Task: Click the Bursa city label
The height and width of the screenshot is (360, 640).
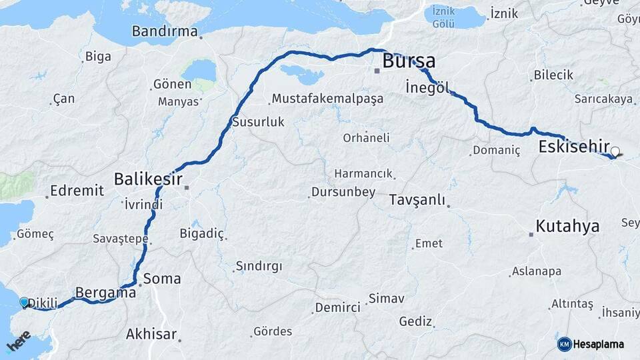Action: (x=409, y=61)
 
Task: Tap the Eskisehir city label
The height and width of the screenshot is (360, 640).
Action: (x=575, y=147)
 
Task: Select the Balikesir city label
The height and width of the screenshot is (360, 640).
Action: (x=148, y=179)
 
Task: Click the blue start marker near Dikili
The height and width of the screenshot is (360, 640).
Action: (x=25, y=302)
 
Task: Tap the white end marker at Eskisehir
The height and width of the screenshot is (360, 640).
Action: (x=615, y=151)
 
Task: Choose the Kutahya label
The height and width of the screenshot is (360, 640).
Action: (x=567, y=225)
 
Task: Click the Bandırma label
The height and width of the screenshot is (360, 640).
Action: (x=165, y=31)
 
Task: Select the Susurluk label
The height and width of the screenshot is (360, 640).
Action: (x=258, y=122)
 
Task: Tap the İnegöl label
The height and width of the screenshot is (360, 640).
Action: (x=427, y=87)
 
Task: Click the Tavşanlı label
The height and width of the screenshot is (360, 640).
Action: (x=417, y=200)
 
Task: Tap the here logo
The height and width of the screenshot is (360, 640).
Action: (x=19, y=342)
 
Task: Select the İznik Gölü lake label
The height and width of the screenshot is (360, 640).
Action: (x=444, y=17)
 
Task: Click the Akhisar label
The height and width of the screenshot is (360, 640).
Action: (x=151, y=333)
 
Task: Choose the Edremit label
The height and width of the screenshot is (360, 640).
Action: (x=77, y=191)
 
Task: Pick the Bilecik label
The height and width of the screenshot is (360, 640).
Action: (x=553, y=75)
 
